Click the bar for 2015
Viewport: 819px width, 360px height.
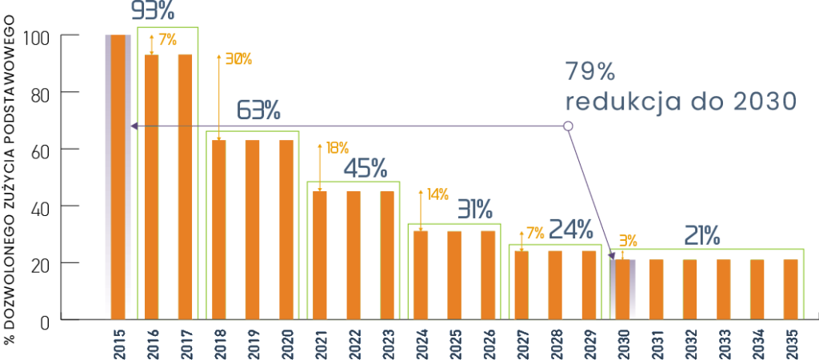coord(118,177)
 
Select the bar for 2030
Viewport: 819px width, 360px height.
coord(622,289)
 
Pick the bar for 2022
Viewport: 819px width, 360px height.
coord(353,255)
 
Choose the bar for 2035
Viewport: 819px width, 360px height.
coord(790,289)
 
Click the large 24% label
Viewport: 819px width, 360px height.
coord(572,230)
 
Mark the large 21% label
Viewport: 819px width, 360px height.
coord(701,235)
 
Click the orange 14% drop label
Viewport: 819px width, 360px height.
coord(437,194)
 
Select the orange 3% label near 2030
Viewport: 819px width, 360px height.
coord(627,239)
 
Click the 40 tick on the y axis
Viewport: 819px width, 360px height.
coord(39,207)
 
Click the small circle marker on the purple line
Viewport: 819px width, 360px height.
coord(568,126)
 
